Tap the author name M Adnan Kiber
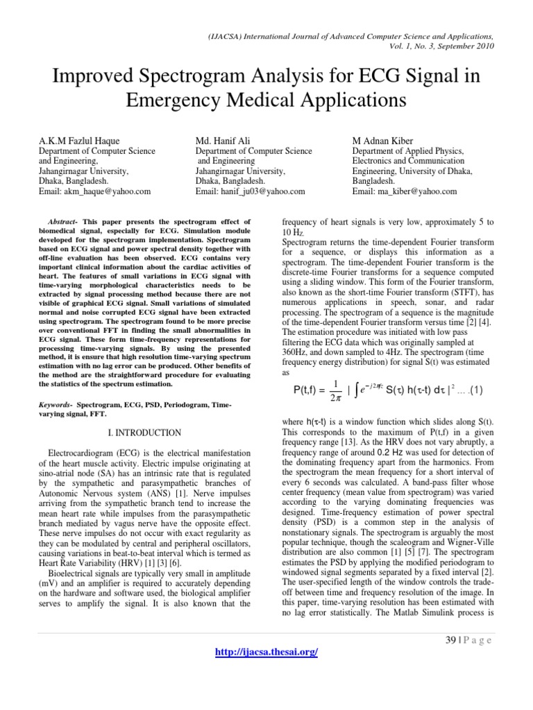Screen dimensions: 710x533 coord(386,141)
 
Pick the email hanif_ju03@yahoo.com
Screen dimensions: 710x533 coord(251,191)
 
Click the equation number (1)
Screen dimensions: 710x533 coord(481,391)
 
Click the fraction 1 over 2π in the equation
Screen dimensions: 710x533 coord(335,391)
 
